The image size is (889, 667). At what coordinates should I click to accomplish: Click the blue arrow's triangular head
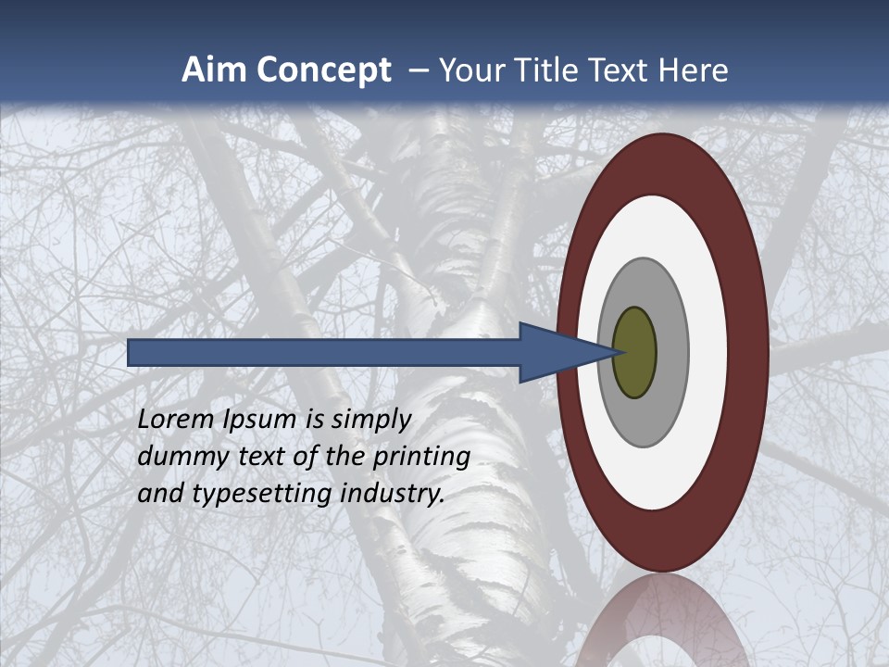pyautogui.click(x=556, y=352)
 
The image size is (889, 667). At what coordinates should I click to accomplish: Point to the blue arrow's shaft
pyautogui.click(x=324, y=352)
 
